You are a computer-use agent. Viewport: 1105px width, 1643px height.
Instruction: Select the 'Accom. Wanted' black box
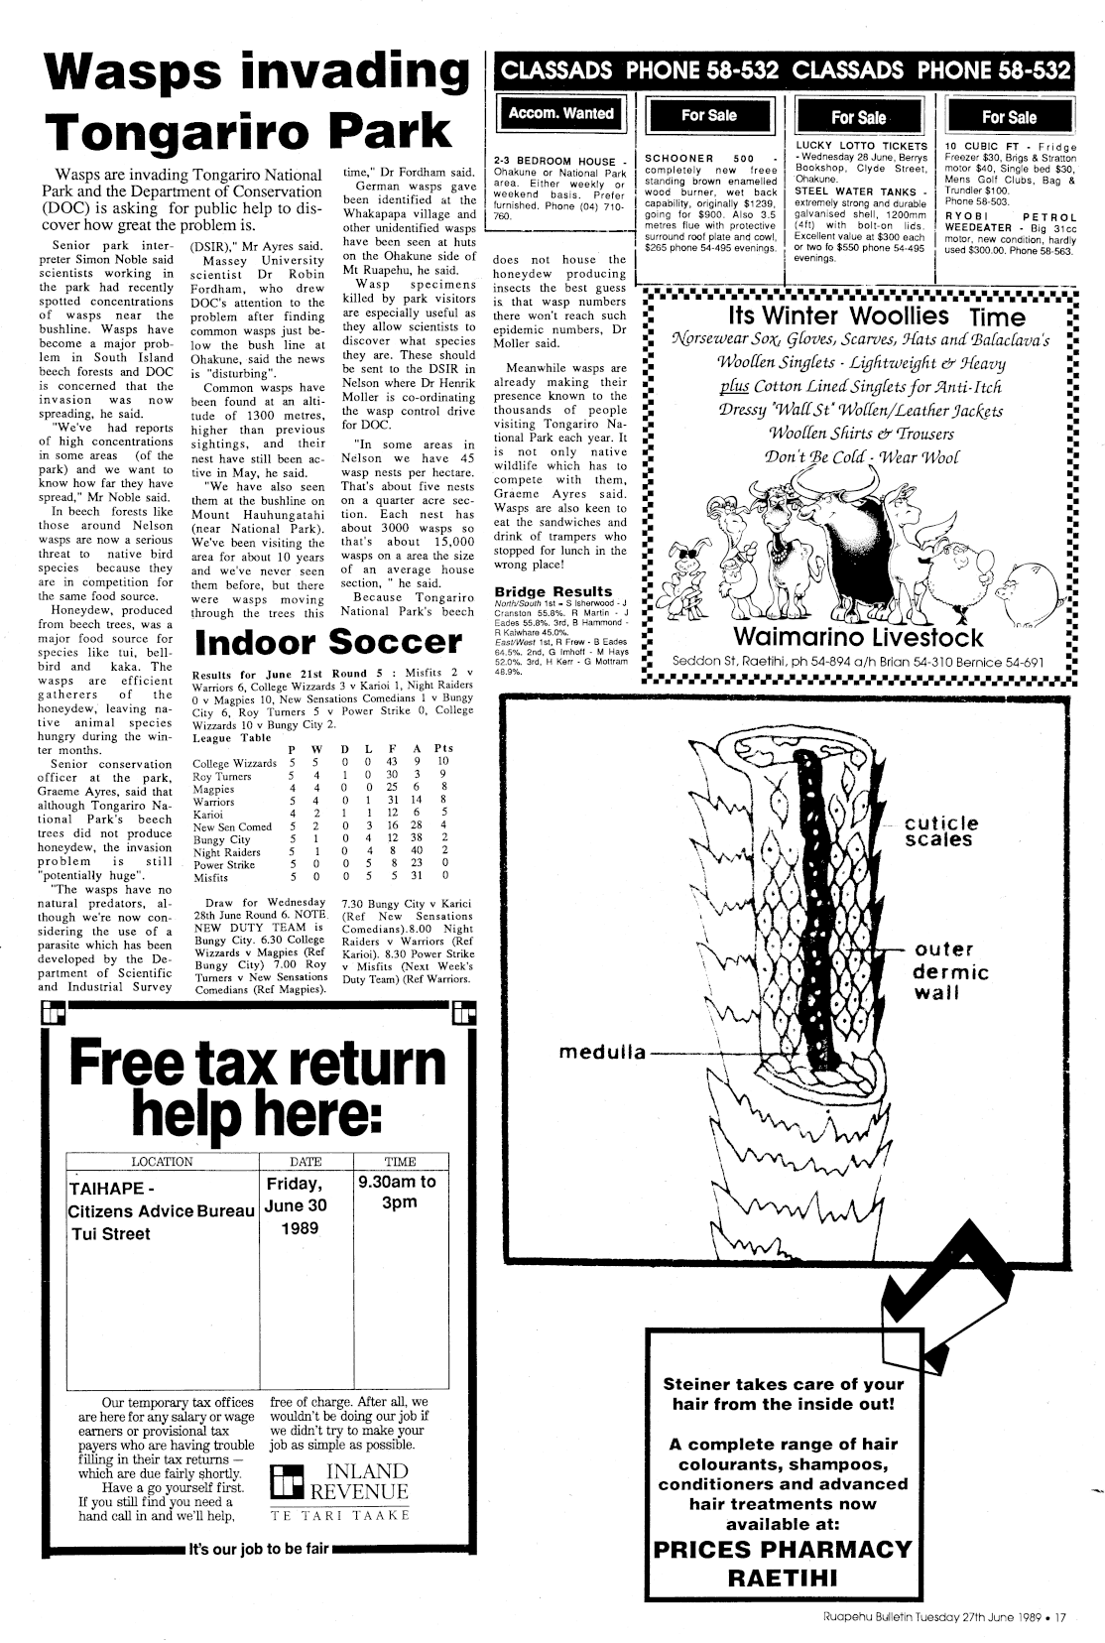(x=560, y=114)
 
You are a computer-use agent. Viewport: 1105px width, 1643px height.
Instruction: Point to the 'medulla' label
(x=601, y=1052)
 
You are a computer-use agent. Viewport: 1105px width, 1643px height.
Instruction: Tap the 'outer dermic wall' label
(x=949, y=971)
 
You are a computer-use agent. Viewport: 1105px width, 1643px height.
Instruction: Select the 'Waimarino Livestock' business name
(x=858, y=637)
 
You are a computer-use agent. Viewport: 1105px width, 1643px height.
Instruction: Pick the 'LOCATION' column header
(x=162, y=1162)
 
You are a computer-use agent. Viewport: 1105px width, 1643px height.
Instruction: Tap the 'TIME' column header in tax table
(x=400, y=1162)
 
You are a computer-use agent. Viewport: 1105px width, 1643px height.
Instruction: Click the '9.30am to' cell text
(x=400, y=1182)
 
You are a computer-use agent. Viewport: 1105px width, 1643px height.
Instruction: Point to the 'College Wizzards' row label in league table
(x=234, y=763)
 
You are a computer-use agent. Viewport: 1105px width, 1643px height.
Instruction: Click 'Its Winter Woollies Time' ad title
(x=876, y=317)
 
